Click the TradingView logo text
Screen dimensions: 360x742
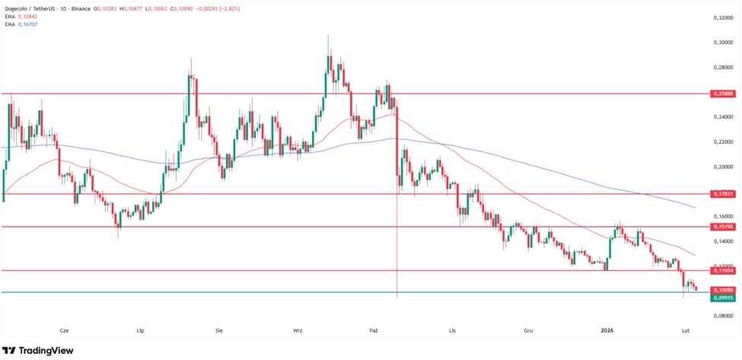[x=45, y=350]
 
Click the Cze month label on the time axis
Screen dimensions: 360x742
[x=64, y=331]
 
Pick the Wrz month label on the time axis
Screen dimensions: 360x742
[x=298, y=331]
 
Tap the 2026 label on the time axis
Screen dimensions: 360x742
[x=607, y=331]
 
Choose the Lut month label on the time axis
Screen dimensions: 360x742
[x=685, y=331]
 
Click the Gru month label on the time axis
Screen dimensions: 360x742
[x=528, y=331]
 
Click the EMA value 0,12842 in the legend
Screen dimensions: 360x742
[x=27, y=17]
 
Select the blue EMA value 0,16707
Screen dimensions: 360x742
[x=27, y=24]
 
